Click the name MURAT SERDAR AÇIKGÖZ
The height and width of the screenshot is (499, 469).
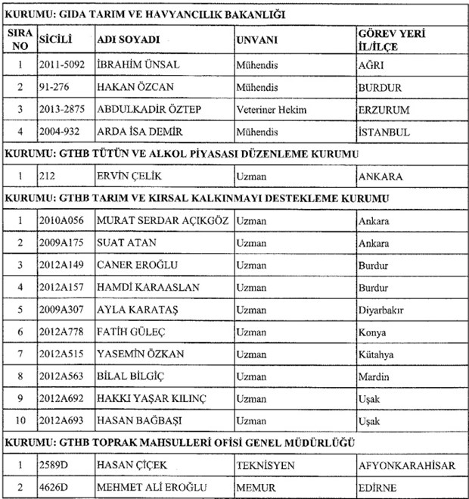pos(163,221)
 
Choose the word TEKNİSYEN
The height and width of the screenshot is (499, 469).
pos(266,466)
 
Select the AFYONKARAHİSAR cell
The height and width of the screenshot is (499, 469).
pos(406,466)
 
